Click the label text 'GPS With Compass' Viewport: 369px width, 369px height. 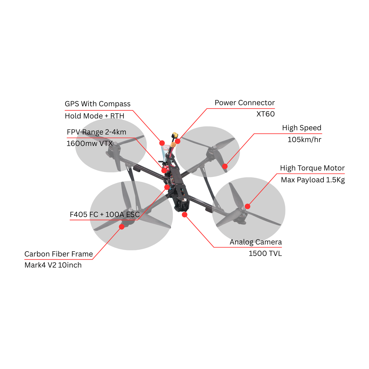(98, 104)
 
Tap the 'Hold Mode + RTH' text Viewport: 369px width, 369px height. (94, 116)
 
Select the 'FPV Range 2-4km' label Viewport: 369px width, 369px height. (97, 132)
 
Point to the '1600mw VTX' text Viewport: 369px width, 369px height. (89, 144)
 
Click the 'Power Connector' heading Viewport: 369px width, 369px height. (245, 103)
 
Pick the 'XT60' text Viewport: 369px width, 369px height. (265, 114)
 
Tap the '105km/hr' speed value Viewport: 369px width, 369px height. (304, 140)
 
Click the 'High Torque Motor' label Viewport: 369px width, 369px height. (312, 168)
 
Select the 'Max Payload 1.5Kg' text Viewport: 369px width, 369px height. (313, 180)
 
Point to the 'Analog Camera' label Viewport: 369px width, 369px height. (256, 242)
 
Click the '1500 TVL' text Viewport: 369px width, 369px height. (265, 254)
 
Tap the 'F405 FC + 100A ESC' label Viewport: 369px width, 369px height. (104, 215)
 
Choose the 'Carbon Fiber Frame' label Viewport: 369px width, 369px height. (58, 254)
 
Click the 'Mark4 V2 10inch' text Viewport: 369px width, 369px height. (53, 265)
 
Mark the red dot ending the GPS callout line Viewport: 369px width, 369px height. (162, 143)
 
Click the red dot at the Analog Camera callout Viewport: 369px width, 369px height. (184, 215)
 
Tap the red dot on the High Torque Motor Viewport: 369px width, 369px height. (247, 206)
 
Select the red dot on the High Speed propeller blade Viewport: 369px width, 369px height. (225, 166)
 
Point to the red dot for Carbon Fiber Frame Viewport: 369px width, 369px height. (122, 227)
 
